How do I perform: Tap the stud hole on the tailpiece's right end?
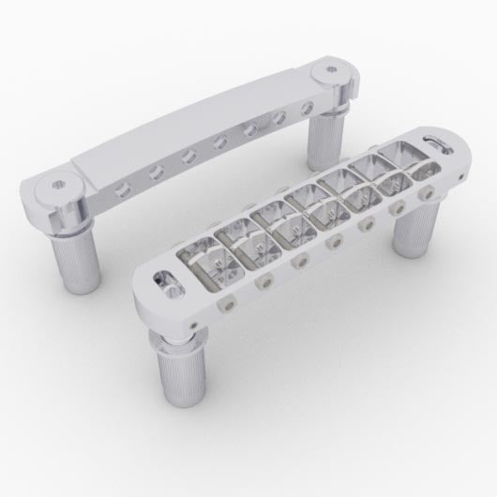335,70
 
